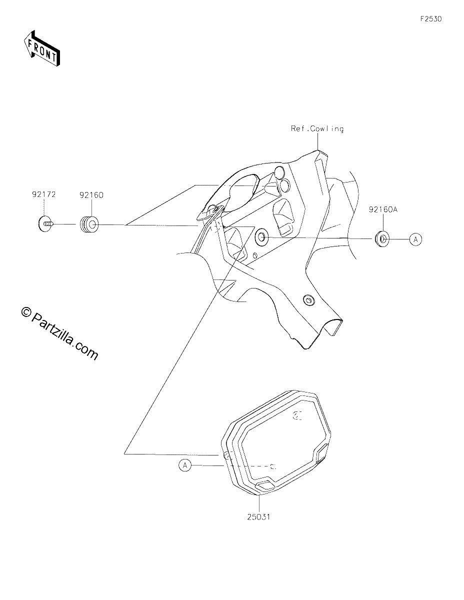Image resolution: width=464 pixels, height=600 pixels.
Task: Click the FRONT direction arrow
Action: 41,48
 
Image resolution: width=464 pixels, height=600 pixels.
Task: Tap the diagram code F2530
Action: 431,19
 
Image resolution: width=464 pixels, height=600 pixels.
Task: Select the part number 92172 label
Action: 44,194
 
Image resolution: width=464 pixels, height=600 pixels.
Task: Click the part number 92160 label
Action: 91,195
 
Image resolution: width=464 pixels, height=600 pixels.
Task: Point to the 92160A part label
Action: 383,209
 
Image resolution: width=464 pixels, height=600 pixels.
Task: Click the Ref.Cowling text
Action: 317,129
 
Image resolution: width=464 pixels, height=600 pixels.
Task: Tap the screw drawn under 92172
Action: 45,224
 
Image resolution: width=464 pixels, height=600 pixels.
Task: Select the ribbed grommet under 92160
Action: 88,224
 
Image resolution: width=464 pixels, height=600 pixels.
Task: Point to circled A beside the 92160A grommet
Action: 415,239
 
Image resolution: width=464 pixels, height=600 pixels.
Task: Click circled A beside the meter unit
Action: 185,465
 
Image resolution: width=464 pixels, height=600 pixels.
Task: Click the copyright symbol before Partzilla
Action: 26,312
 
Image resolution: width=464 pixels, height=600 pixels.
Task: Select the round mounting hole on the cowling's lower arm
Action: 308,299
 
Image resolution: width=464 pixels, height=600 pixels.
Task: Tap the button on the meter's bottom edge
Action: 264,485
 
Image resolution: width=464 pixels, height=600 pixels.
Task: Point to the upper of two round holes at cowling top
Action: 279,172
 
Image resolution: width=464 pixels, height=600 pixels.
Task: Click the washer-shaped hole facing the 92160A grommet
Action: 261,237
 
